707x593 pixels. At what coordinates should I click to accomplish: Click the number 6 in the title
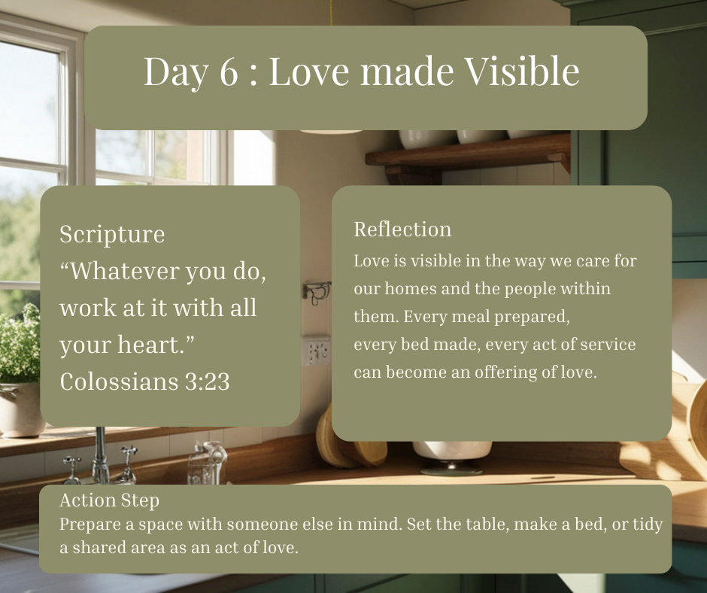tap(229, 71)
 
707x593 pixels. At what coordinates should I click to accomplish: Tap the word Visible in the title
tap(522, 71)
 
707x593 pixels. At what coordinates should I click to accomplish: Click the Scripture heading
tap(112, 235)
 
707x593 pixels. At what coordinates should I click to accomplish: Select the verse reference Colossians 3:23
tap(144, 382)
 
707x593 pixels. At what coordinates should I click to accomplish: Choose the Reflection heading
tap(402, 230)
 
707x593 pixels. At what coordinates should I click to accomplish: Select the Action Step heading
tap(110, 500)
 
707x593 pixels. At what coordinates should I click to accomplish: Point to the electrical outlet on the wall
tap(316, 351)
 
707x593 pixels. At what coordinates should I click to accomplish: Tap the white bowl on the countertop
tap(452, 450)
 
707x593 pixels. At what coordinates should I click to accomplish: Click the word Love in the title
tap(309, 71)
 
